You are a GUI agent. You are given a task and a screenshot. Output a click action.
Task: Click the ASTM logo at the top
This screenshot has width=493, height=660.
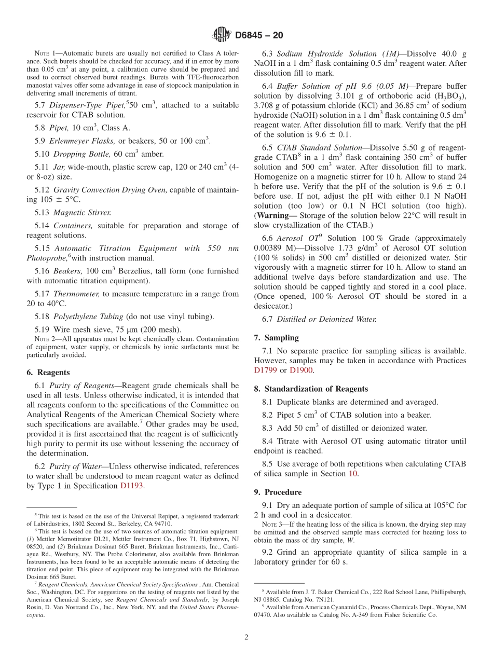pyautogui.click(x=222, y=35)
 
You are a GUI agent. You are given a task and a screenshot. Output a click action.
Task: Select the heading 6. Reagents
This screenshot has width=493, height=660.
pyautogui.click(x=48, y=373)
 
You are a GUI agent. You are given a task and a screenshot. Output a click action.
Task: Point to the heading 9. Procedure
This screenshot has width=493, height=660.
pyautogui.click(x=278, y=492)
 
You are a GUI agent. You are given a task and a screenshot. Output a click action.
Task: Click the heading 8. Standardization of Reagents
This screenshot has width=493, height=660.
pyautogui.click(x=311, y=389)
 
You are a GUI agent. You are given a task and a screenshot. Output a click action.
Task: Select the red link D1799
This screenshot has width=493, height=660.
pyautogui.click(x=266, y=370)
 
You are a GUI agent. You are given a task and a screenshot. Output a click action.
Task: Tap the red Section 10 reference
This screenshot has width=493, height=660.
pyautogui.click(x=353, y=473)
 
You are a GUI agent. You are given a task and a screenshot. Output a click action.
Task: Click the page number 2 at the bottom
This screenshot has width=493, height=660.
pyautogui.click(x=246, y=637)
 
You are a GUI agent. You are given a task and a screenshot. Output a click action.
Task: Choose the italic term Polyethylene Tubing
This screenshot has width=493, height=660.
pyautogui.click(x=88, y=316)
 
